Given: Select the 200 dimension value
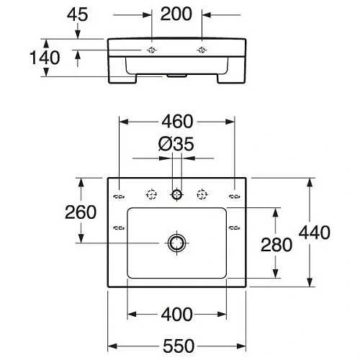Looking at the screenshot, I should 177,14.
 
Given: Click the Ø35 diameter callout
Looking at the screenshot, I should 176,145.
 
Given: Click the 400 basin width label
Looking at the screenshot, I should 176,314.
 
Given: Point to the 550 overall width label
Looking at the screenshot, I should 176,346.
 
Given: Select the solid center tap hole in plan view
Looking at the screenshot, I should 176,194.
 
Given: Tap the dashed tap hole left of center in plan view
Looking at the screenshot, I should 151,194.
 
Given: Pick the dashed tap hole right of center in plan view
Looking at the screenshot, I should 202,194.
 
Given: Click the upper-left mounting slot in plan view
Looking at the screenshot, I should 120,194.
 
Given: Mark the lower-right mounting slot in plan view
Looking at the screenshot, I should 234,229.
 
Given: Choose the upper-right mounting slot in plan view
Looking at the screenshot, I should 234,194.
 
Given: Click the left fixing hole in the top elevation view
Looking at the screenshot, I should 153,50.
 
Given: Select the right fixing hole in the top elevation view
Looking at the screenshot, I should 201,50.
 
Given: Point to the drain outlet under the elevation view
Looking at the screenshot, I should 176,73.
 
